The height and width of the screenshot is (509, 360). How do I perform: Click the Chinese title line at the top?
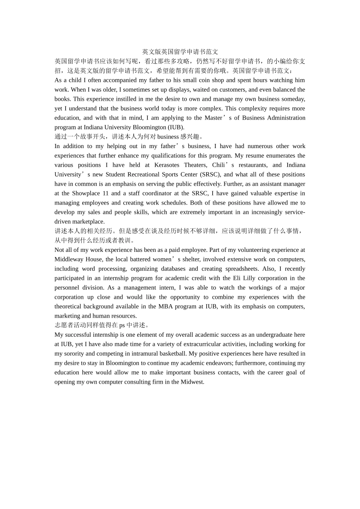coord(180,52)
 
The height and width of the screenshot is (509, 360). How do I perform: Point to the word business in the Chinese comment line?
coord(168,137)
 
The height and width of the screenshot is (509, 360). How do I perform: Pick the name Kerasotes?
coord(167,165)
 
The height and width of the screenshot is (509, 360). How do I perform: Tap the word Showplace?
coord(86,194)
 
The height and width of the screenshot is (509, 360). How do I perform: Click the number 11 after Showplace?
coord(105,194)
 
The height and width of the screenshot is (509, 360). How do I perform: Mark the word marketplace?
coord(88,222)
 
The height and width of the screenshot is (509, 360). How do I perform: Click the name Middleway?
coord(67,259)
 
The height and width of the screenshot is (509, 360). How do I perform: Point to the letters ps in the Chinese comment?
coord(122,325)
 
